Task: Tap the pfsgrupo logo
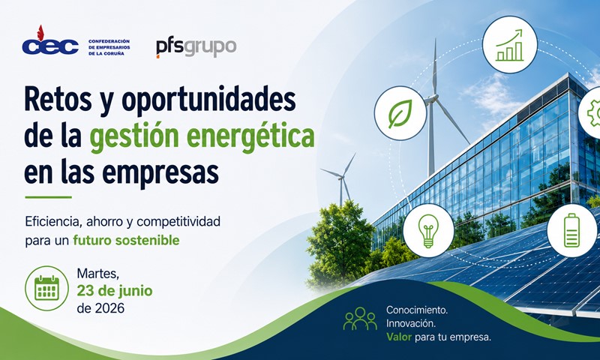point(196,48)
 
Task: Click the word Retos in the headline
point(58,99)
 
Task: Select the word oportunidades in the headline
point(208,100)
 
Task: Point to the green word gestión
point(133,137)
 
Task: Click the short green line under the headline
point(48,197)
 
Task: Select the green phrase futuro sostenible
point(126,240)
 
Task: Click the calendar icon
point(46,288)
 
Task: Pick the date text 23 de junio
point(115,291)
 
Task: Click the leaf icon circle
point(400,113)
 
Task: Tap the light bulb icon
point(428,231)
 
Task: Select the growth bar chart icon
point(509,45)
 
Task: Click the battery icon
point(571,230)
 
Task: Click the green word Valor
point(399,337)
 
